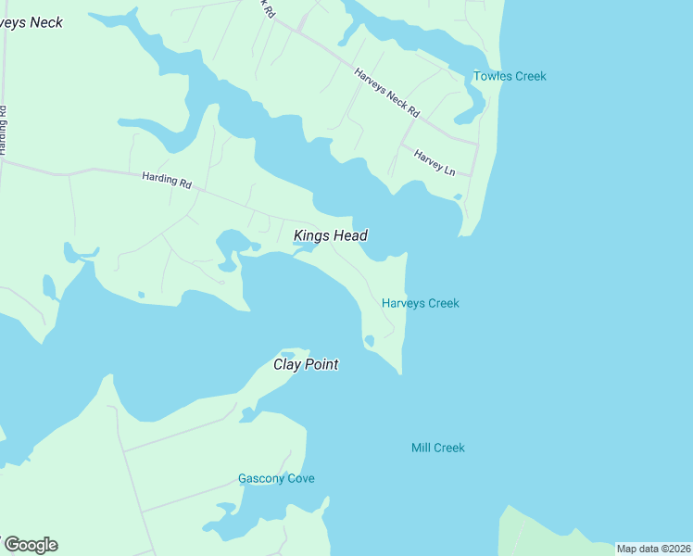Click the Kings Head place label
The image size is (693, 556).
[331, 235]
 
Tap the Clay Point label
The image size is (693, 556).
[305, 364]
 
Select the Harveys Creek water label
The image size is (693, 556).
[420, 303]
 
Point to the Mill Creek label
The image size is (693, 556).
[437, 448]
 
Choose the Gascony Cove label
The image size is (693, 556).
[276, 478]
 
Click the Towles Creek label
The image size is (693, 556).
[510, 76]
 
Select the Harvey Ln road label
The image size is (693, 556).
[435, 163]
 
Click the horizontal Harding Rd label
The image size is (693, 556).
[167, 180]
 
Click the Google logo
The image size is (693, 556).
[31, 544]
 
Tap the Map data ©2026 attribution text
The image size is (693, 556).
[653, 549]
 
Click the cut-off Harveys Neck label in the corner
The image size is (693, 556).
[31, 22]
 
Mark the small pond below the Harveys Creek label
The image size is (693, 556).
[369, 341]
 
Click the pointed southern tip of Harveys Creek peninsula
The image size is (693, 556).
[400, 373]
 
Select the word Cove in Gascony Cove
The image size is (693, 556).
[298, 478]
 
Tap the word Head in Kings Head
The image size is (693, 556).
[350, 235]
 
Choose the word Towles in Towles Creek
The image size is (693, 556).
[491, 76]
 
